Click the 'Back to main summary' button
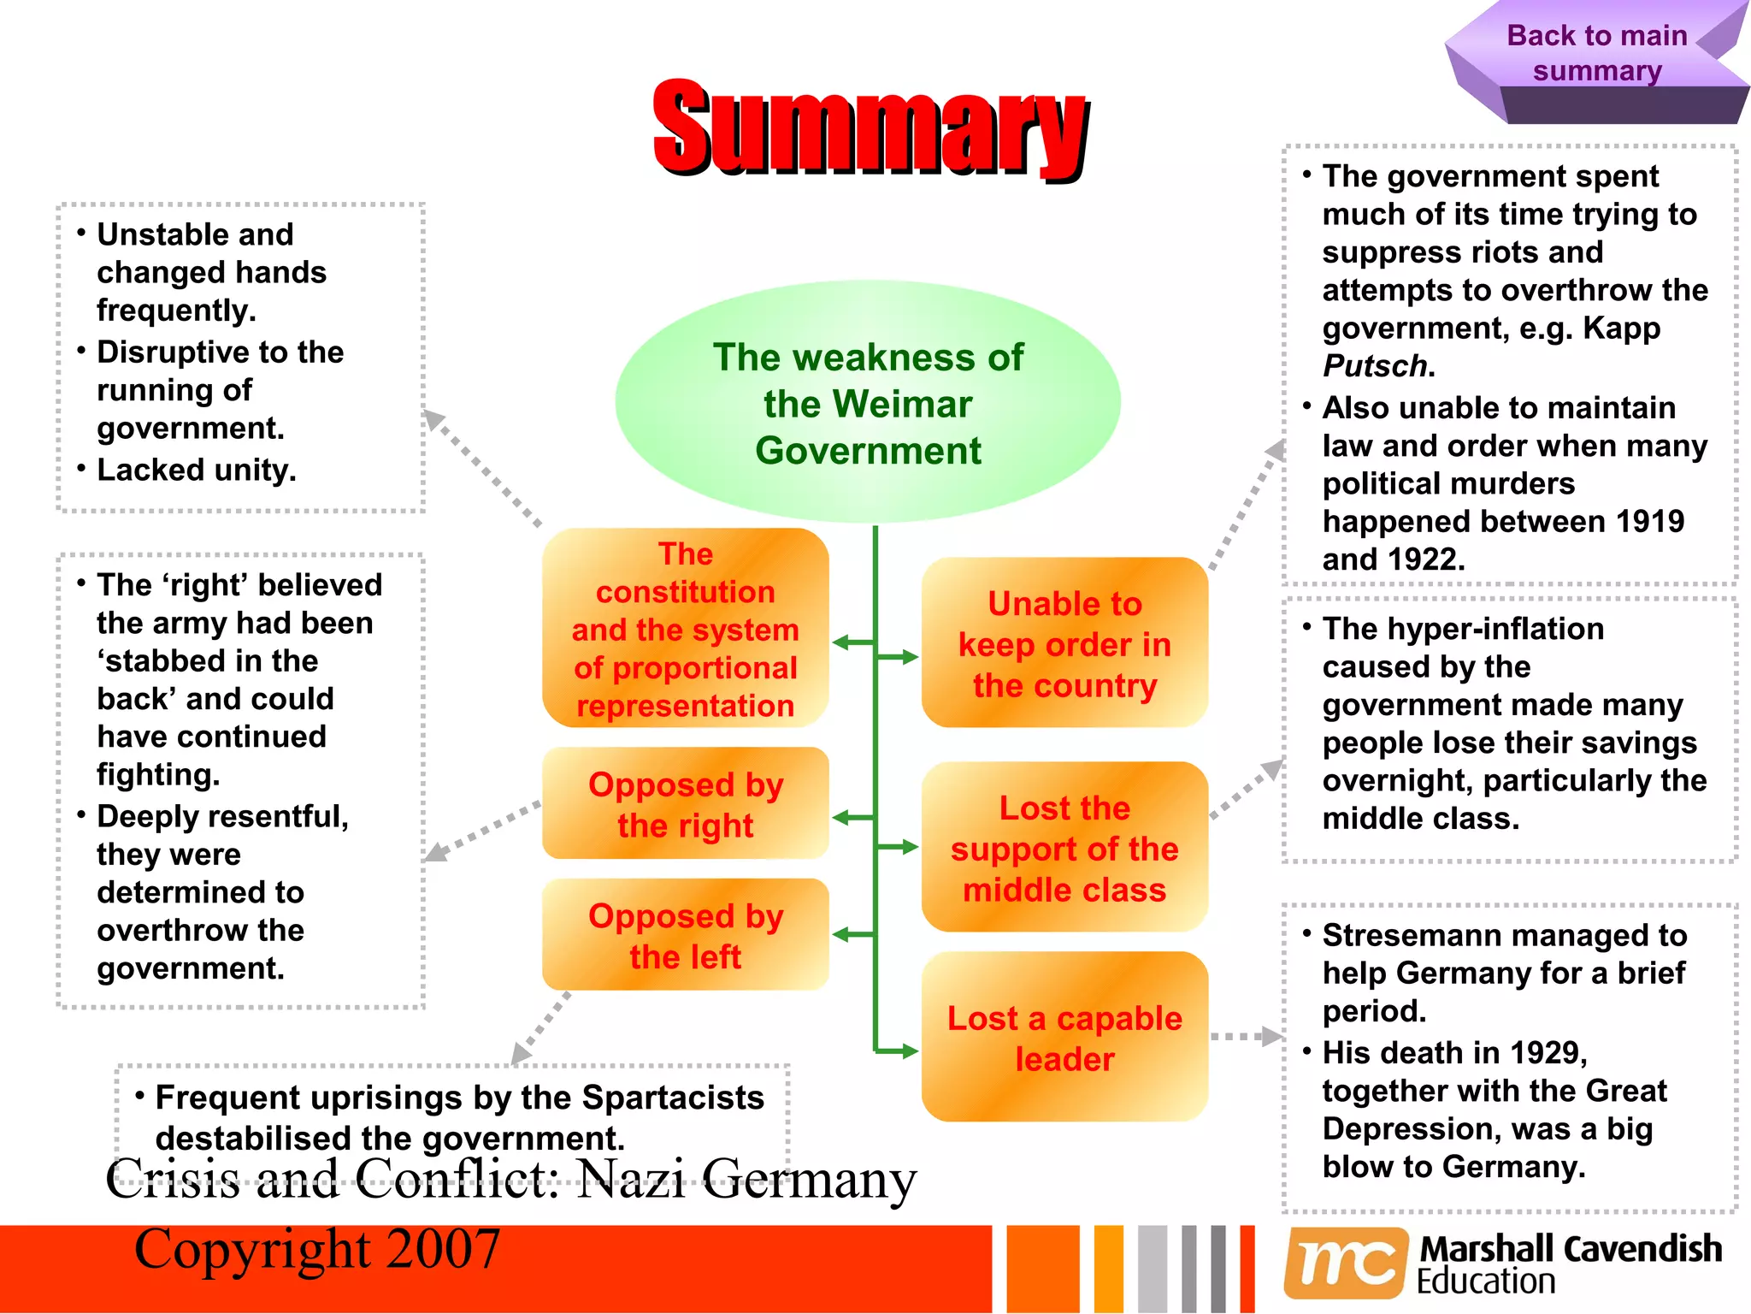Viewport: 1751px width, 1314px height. pos(1596,53)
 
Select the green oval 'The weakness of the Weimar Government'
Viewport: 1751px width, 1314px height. pos(868,402)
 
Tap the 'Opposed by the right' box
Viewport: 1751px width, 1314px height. pos(686,804)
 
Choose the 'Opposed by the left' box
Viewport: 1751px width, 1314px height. pos(686,935)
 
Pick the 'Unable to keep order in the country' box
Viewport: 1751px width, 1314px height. pos(1064,643)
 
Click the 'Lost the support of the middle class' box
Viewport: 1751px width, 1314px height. pos(1064,848)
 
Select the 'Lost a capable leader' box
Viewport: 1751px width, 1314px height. pos(1064,1038)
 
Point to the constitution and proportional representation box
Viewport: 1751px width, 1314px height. pos(686,629)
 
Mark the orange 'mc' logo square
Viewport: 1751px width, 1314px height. pos(1346,1263)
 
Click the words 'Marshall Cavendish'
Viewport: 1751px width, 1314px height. pos(1571,1249)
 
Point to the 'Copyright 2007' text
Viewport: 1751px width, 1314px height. pos(317,1249)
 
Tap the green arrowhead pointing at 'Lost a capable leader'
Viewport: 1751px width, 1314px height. pos(908,1051)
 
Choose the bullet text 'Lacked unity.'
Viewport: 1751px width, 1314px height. pos(197,470)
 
